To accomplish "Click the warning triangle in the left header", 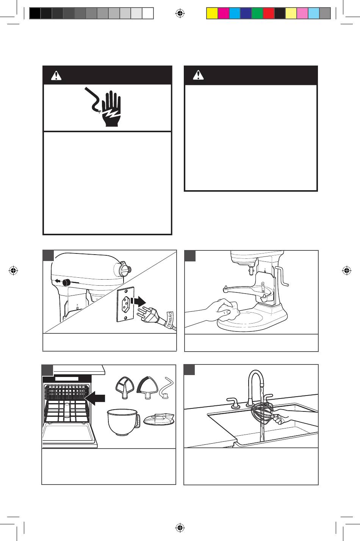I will click(x=56, y=76).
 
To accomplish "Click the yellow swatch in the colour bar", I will click(x=212, y=14).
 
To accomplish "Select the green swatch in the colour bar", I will click(x=257, y=14).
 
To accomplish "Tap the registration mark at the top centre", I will click(x=180, y=14).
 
